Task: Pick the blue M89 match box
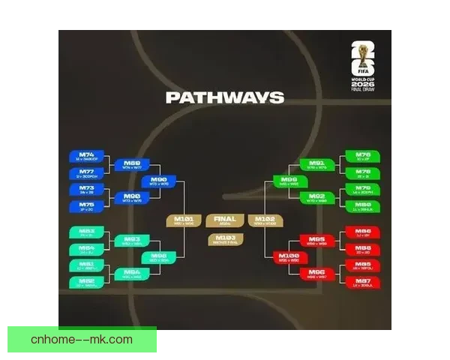(132, 164)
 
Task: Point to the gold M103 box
(225, 240)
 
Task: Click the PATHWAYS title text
(224, 97)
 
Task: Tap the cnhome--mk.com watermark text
(82, 340)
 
